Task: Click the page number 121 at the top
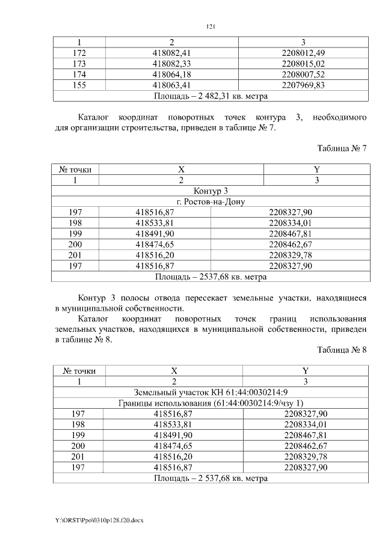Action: (211, 26)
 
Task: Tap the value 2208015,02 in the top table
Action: (303, 63)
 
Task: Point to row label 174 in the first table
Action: (79, 74)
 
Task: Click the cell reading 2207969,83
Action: (303, 85)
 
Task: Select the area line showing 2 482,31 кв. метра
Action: (211, 96)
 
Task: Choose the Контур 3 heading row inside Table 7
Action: (211, 191)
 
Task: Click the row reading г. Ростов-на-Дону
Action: (211, 201)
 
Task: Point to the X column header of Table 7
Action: (181, 170)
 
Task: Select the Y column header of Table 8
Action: (306, 371)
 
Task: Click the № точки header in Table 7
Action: (75, 170)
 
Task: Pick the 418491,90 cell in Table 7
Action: (155, 234)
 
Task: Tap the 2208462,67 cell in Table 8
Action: (306, 445)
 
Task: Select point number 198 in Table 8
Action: (78, 424)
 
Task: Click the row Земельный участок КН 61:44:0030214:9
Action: (211, 392)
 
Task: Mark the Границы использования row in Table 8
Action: (211, 403)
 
